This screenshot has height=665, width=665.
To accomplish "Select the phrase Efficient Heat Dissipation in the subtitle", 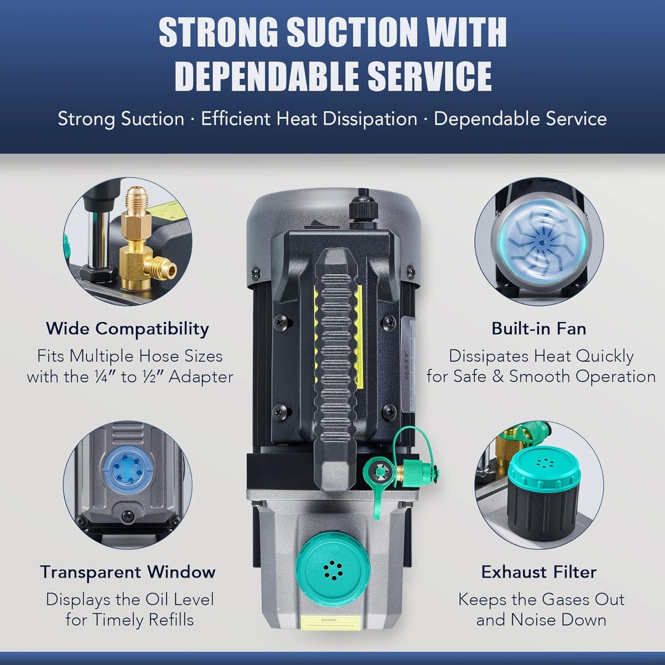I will pyautogui.click(x=309, y=119).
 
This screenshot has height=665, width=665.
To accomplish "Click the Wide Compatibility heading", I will pyautogui.click(x=127, y=329).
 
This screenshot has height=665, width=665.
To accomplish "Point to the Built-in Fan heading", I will pyautogui.click(x=538, y=329).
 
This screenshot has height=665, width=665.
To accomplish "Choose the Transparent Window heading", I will pyautogui.click(x=127, y=572).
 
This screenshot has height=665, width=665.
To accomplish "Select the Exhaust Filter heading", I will pyautogui.click(x=539, y=572).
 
